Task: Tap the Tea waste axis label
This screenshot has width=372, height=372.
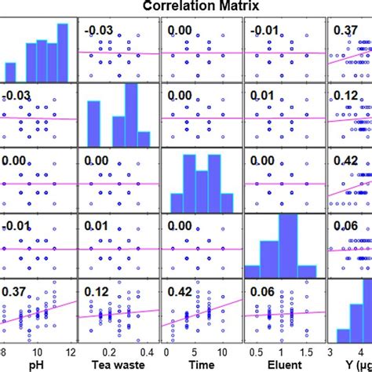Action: [115, 366]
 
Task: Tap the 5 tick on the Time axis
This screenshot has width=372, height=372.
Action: [195, 353]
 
